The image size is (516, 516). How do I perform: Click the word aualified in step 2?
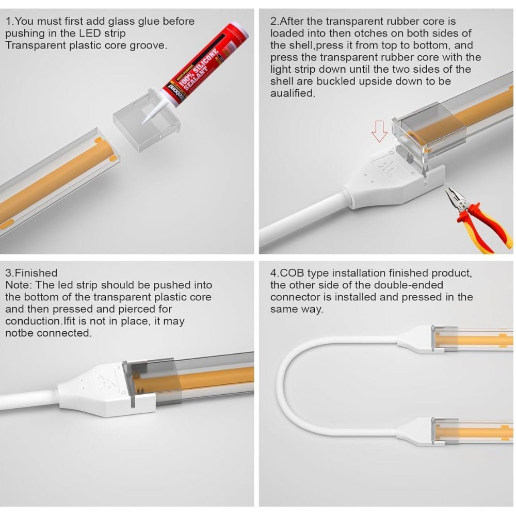pyautogui.click(x=292, y=93)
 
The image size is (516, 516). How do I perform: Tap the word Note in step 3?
pyautogui.click(x=16, y=285)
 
